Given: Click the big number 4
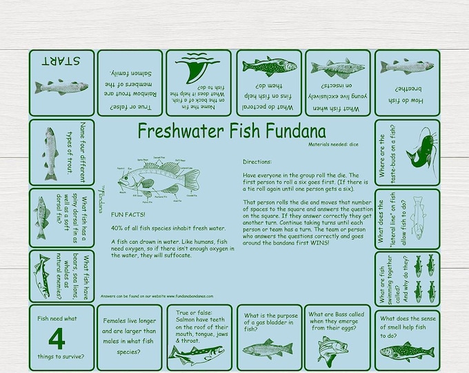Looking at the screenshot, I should click(x=58, y=338).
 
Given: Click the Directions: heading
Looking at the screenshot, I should click(x=259, y=162).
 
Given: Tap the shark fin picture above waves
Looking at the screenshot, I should click(x=198, y=68).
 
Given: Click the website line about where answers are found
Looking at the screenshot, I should click(x=157, y=295).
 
